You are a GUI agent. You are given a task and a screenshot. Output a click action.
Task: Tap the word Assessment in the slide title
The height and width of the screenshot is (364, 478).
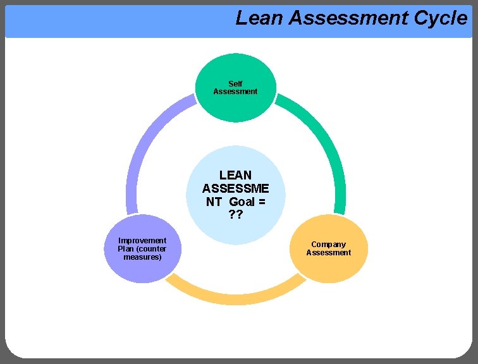pos(348,18)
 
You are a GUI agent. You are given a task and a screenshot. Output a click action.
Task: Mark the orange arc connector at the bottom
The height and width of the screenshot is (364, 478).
pos(235,293)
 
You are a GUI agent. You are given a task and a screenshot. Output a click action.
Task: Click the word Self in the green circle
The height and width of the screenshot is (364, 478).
pos(235,83)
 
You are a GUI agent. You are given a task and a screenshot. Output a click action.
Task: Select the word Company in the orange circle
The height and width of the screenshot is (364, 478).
pos(328,245)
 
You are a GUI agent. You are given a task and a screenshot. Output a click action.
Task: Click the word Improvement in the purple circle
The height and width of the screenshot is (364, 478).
pos(142,240)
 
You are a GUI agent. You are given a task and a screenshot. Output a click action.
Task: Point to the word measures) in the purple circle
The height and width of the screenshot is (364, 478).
pos(142,257)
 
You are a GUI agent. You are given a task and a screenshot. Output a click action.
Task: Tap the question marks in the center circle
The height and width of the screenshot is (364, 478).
pos(235,215)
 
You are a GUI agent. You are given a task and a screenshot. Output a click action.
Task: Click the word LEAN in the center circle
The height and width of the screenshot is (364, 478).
pos(235,175)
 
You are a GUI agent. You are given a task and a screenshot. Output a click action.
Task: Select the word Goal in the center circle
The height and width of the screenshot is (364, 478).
pos(242,202)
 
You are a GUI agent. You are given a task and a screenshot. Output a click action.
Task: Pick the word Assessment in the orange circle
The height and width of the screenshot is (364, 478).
pos(328,253)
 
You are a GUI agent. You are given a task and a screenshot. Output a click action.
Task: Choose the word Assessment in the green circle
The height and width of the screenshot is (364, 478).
pos(235,92)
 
